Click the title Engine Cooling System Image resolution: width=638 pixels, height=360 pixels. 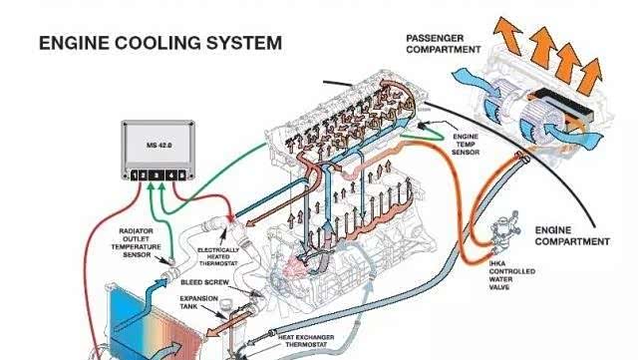click(x=160, y=43)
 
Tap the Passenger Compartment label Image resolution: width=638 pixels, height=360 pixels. click(x=443, y=44)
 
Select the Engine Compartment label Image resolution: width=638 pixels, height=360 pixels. click(x=572, y=235)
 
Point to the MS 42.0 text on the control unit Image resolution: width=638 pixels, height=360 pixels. click(x=159, y=145)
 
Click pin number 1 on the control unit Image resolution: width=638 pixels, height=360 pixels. click(x=135, y=176)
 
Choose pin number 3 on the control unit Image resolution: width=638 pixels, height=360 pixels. click(x=156, y=176)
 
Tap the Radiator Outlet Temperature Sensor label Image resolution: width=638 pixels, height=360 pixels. click(x=136, y=242)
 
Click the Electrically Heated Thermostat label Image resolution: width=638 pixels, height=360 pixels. click(x=218, y=256)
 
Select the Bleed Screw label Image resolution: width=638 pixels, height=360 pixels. click(x=204, y=282)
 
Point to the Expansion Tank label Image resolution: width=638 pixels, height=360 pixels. click(x=198, y=302)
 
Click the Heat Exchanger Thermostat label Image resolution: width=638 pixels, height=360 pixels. click(x=306, y=341)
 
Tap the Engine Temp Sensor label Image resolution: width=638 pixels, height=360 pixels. click(x=466, y=145)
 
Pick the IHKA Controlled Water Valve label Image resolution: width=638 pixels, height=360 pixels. click(x=511, y=275)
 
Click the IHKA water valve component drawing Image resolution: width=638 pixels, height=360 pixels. click(x=503, y=231)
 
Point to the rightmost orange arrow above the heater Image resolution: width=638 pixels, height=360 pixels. click(x=591, y=77)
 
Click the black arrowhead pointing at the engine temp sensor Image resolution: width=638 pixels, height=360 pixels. click(x=422, y=126)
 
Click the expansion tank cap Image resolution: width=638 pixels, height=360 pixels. click(x=225, y=303)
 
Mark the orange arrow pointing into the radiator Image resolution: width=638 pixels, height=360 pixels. click(x=217, y=329)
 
